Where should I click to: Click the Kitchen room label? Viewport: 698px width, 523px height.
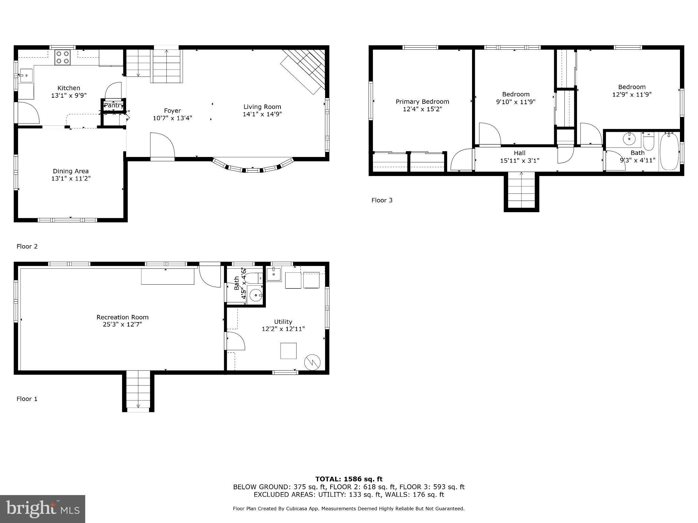pos(69,88)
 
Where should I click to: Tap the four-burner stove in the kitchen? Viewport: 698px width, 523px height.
pos(62,57)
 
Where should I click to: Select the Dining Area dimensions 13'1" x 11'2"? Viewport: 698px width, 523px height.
pos(71,178)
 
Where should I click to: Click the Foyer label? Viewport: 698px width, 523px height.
pos(172,111)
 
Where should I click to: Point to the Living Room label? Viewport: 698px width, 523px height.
pos(262,107)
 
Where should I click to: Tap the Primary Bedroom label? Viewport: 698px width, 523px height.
pos(422,101)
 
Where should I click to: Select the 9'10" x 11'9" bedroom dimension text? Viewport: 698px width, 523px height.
pos(516,102)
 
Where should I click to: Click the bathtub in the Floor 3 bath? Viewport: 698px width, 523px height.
pos(669,152)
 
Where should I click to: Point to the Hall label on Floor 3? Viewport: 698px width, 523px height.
pos(519,153)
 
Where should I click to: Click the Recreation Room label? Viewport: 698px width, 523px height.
pos(122,317)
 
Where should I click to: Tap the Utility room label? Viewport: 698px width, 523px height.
pos(283,321)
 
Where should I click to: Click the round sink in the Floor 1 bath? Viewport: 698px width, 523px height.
pos(256,295)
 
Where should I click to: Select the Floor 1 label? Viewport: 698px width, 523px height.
pos(27,399)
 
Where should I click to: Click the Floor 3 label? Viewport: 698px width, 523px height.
pos(382,200)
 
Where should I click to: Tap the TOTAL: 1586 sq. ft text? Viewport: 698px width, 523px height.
pos(349,479)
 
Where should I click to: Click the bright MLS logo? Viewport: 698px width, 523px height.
pos(42,509)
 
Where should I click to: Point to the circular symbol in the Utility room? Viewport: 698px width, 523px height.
pos(313,362)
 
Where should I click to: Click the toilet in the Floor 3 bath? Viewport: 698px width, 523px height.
pos(649,141)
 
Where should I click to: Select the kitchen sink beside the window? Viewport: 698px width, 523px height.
pos(26,75)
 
